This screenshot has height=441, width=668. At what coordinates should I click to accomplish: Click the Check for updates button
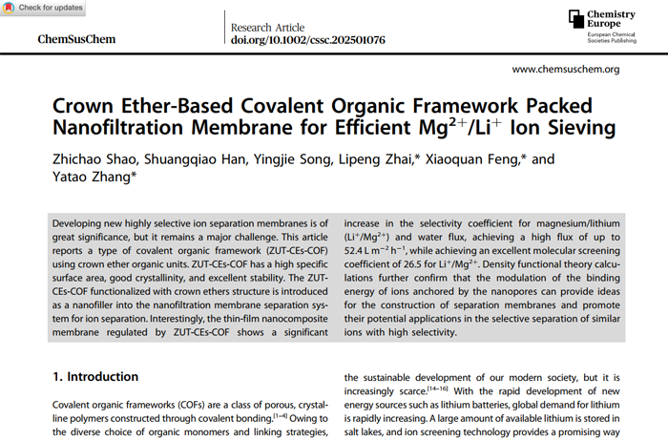pyautogui.click(x=44, y=8)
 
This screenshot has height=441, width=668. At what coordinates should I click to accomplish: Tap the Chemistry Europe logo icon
pyautogui.click(x=576, y=18)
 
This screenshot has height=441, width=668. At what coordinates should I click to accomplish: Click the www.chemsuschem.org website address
pyautogui.click(x=566, y=70)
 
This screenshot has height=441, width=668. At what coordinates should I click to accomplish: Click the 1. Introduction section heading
pyautogui.click(x=95, y=377)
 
